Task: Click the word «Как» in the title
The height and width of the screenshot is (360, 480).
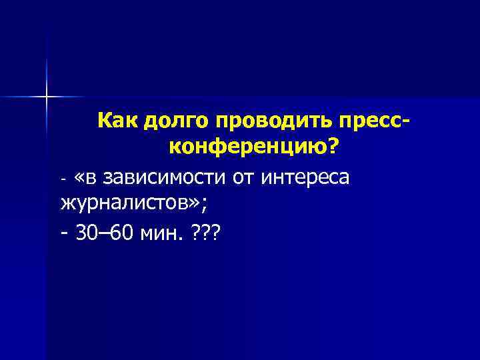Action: [117, 121]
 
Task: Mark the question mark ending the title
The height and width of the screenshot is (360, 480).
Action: [331, 149]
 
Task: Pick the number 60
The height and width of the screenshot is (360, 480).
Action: [121, 233]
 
